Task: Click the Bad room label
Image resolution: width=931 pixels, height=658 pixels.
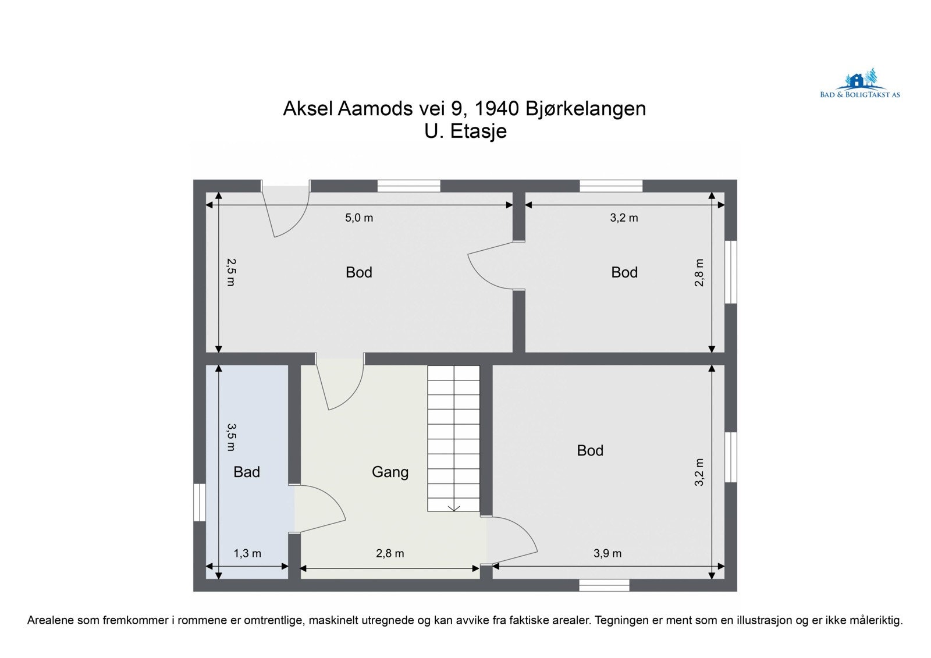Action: point(246,472)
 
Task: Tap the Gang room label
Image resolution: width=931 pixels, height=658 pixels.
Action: point(390,472)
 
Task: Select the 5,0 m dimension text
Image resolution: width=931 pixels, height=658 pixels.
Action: point(359,218)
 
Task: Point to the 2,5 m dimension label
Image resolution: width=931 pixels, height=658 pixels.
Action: point(230,272)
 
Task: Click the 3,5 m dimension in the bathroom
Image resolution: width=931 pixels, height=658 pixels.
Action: point(230,437)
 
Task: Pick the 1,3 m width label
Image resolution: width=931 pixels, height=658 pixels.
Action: point(247,553)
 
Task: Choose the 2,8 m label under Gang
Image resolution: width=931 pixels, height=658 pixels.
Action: point(390,553)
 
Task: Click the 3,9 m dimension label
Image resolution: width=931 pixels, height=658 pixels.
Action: point(607,553)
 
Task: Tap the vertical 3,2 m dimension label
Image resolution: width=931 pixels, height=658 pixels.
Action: point(699,472)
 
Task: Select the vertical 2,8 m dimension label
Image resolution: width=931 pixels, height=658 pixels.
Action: point(699,272)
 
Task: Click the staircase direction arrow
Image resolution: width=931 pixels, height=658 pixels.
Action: point(454,507)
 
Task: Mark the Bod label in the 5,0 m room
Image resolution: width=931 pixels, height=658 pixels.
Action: point(358,272)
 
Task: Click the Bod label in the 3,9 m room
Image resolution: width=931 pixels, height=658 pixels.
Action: point(590,450)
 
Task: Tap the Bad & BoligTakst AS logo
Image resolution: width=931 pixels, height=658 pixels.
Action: point(859,85)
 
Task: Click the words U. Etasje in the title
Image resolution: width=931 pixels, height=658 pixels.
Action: point(465,131)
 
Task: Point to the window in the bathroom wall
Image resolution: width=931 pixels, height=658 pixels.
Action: point(200,502)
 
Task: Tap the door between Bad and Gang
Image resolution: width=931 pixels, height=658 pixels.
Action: point(314,509)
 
